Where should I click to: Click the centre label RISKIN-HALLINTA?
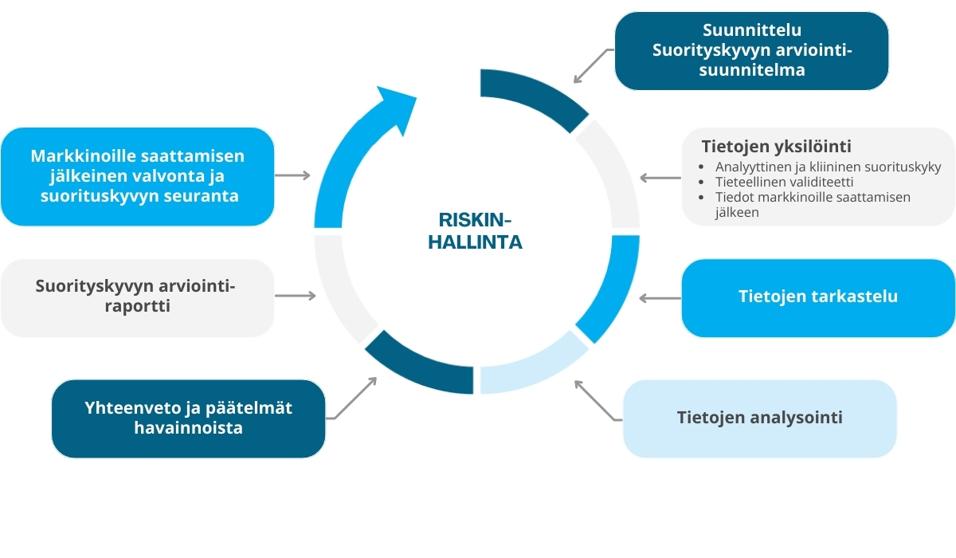click(475, 231)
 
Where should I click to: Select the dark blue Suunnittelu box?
click(751, 51)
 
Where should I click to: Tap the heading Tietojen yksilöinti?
click(776, 147)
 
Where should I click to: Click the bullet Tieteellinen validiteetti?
click(784, 182)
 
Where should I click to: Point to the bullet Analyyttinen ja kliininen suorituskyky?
click(828, 167)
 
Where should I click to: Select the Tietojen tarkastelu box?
click(818, 298)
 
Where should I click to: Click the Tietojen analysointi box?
click(760, 418)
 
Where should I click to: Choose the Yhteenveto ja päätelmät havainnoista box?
click(188, 418)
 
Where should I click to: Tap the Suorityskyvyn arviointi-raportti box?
click(137, 298)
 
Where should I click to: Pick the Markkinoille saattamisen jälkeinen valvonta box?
click(137, 176)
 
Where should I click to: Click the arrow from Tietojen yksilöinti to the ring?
click(660, 178)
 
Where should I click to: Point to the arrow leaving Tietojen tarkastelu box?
click(660, 298)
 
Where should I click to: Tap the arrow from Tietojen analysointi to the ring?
click(597, 401)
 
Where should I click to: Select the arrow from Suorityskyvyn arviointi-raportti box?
click(296, 296)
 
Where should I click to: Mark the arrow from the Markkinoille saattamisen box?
click(293, 175)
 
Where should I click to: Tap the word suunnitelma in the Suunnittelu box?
click(751, 70)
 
